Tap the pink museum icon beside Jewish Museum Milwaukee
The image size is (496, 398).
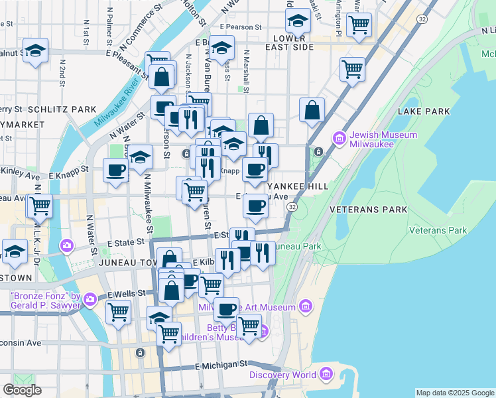(340, 139)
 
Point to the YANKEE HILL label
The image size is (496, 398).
(298, 187)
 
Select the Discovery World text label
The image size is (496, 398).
(283, 375)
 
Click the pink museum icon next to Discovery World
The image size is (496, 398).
(326, 375)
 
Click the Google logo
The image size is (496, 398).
(22, 391)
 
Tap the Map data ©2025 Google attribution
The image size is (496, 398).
(455, 393)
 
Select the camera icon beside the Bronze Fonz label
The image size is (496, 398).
(90, 300)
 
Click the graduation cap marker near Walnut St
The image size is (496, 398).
(35, 50)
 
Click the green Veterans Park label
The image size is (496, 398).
(438, 230)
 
